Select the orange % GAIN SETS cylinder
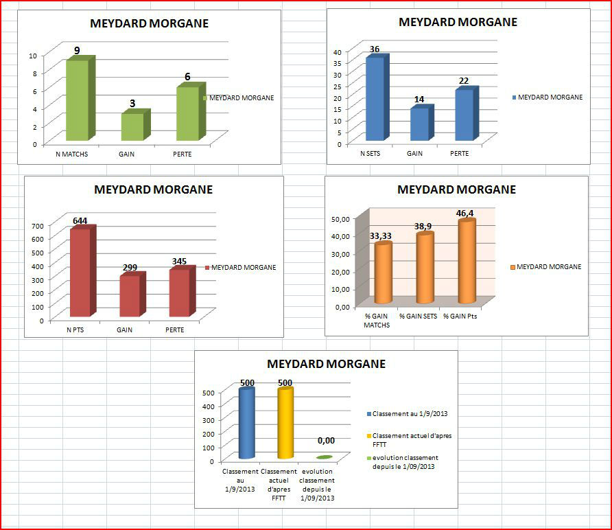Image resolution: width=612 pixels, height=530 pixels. click(x=425, y=268)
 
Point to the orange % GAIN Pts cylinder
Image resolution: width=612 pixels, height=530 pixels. click(x=467, y=262)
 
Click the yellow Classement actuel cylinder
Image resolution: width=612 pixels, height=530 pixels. click(x=285, y=424)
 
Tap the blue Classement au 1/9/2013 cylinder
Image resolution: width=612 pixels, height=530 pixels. click(x=246, y=424)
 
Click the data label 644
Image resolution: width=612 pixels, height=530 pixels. click(x=81, y=220)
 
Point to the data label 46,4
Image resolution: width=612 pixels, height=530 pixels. click(x=465, y=214)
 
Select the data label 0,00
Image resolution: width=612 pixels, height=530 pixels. click(x=325, y=441)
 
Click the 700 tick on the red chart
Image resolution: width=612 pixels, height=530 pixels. click(x=36, y=225)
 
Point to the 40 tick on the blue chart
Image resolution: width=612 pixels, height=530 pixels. click(x=336, y=51)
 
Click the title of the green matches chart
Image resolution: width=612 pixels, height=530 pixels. click(x=149, y=23)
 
